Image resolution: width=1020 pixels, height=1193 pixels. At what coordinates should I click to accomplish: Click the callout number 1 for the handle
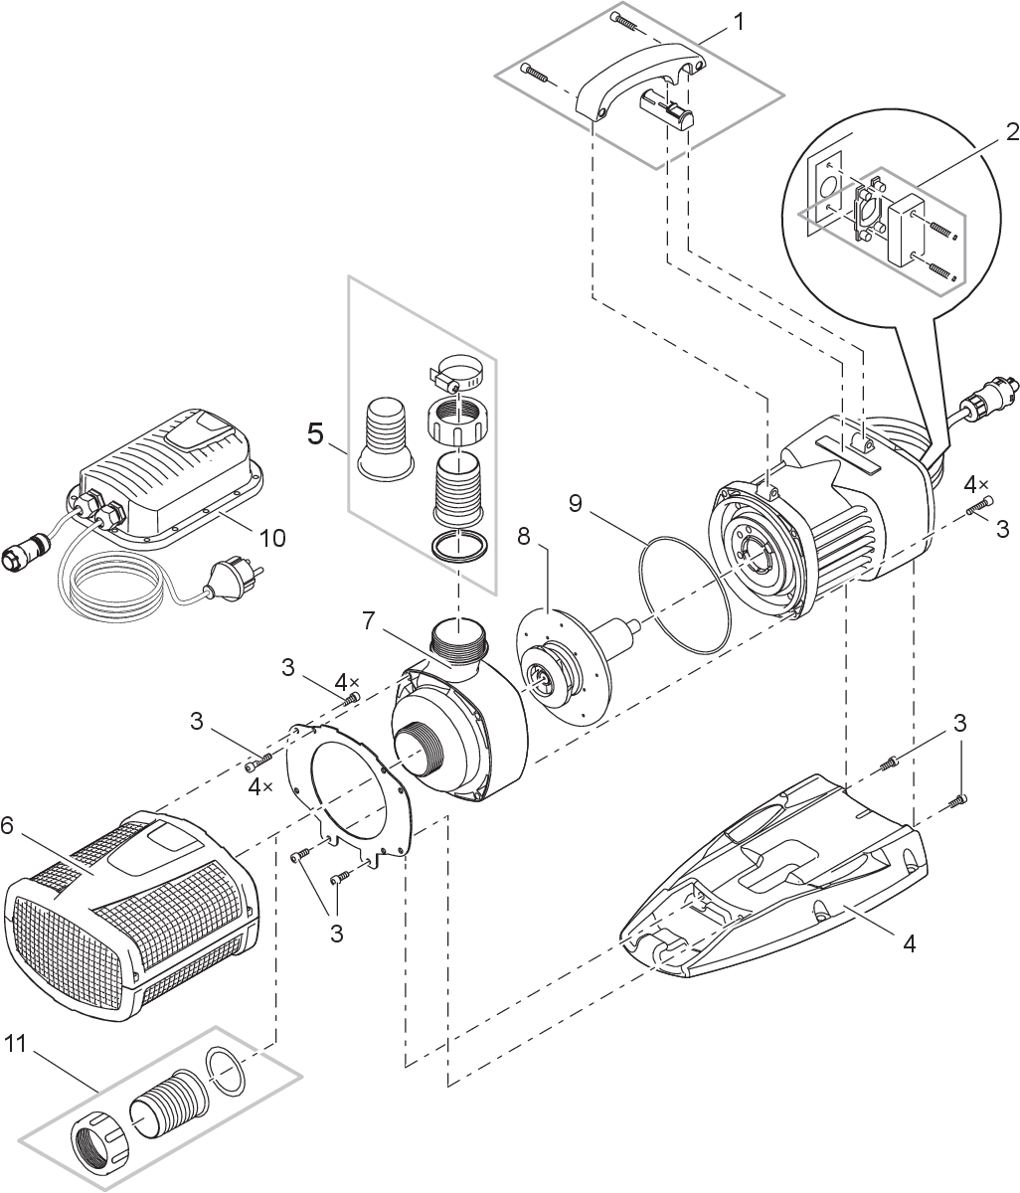point(738,21)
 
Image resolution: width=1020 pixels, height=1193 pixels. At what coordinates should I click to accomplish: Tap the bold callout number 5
point(316,434)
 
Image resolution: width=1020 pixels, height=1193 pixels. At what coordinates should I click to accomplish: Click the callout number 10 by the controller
point(271,538)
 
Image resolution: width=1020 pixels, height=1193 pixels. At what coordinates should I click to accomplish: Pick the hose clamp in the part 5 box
point(458,374)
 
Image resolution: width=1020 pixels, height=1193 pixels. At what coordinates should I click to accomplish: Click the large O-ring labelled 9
point(686,596)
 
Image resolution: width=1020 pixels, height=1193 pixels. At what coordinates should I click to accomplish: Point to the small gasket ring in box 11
point(226,1072)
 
